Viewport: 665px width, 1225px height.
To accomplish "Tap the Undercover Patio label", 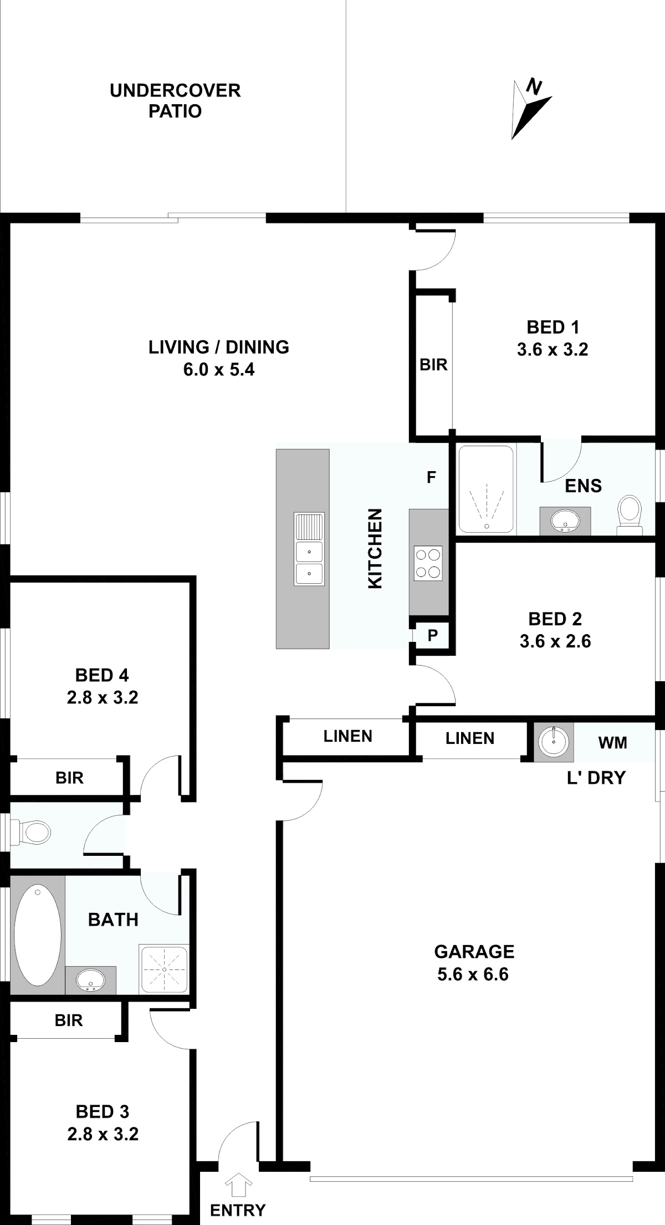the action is pos(175,101).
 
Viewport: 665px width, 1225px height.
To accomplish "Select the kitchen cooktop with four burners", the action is pos(428,564).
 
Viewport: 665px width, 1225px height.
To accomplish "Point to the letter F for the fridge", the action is pos(431,477).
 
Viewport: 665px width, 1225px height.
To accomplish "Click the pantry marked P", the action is pos(433,635).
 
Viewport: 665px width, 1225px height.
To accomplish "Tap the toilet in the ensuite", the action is pos(629,515).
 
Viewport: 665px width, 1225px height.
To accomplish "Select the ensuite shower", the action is pos(486,489).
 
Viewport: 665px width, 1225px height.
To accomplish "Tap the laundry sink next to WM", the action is pos(553,742).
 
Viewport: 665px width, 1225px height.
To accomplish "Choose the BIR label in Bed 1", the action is pos(433,365).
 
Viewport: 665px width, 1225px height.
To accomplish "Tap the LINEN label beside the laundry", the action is pos(470,738).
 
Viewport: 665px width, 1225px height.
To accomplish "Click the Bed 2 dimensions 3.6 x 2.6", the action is pos(555,641).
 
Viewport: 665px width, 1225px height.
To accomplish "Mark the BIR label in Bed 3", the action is pos(69,1020).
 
